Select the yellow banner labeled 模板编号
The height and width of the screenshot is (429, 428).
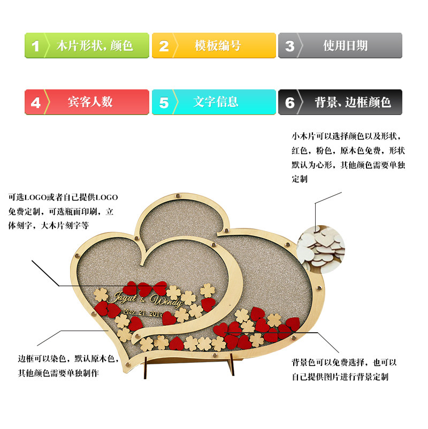pyautogui.click(x=213, y=45)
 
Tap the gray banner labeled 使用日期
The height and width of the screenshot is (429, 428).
pyautogui.click(x=340, y=45)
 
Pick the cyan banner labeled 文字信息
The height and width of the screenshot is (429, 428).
pyautogui.click(x=213, y=102)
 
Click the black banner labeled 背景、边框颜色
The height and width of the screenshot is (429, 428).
pyautogui.click(x=340, y=102)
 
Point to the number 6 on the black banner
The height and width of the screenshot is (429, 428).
pyautogui.click(x=290, y=102)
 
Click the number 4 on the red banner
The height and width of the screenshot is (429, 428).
pyautogui.click(x=36, y=102)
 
